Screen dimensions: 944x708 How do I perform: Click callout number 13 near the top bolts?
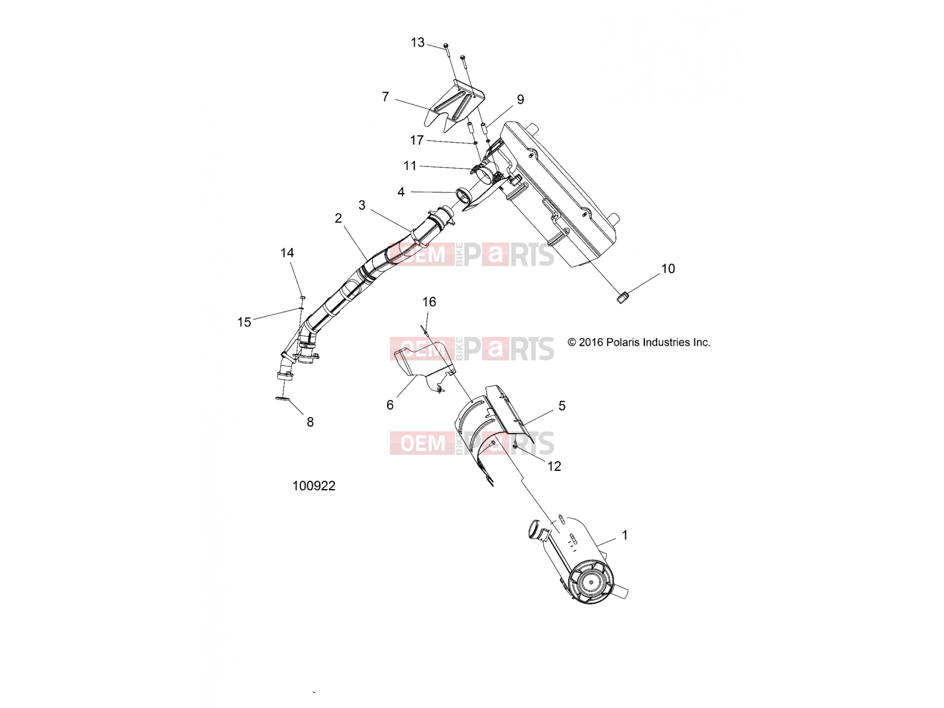[x=418, y=42]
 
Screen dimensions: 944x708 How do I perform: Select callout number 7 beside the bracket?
[x=385, y=97]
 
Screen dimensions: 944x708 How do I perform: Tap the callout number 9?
[x=520, y=99]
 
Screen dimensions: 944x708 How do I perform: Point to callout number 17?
[x=417, y=140]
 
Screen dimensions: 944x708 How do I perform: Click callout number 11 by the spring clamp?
[x=410, y=166]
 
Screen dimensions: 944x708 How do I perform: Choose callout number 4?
[x=401, y=192]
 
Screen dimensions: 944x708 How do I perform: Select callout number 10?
[x=668, y=268]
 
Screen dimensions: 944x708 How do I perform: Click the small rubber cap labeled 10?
[x=623, y=297]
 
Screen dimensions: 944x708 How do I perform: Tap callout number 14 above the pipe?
[x=287, y=253]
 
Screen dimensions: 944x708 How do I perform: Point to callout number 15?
[x=244, y=322]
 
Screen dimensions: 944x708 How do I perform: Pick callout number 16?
[x=429, y=301]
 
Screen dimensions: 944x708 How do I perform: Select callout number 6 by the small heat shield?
[x=390, y=405]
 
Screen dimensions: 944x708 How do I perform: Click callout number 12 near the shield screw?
[x=554, y=466]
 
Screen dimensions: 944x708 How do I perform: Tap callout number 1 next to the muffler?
[x=625, y=535]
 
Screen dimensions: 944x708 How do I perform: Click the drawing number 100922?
[x=314, y=486]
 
